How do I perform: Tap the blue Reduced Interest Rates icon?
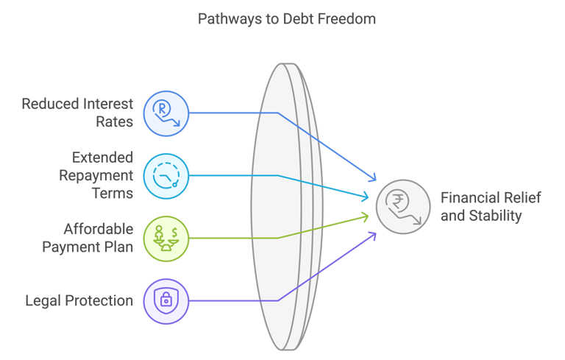point(166,113)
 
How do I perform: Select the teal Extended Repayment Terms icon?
point(166,176)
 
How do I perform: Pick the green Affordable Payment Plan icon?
point(166,238)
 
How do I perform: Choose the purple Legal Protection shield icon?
point(166,300)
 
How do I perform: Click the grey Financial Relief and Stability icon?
point(403,207)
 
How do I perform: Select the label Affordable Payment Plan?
point(88,238)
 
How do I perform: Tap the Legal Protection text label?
point(79,300)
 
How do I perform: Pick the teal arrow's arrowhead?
point(367,197)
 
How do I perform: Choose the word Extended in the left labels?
point(103,158)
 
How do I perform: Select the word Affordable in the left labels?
point(99,229)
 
